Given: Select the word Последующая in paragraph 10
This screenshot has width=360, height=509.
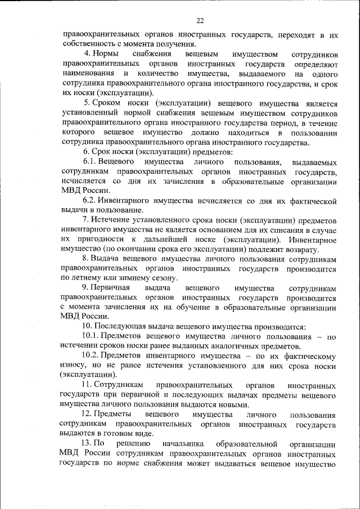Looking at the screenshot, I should click(125, 326).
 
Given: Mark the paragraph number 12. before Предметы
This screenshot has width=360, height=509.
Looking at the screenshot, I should click(87, 415).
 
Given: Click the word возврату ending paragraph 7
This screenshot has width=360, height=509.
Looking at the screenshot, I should click(303, 249).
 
